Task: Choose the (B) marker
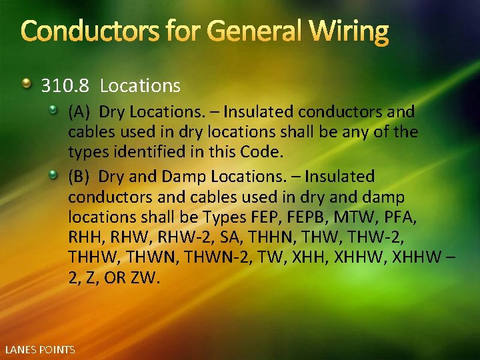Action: coord(79,177)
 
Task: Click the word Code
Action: coord(263,151)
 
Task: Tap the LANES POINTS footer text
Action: coord(40,349)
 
